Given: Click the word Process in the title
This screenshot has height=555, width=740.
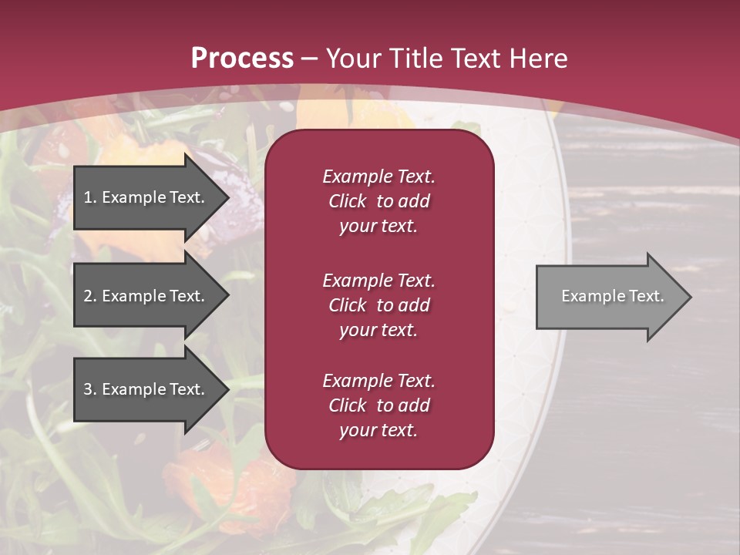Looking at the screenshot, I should click(242, 59).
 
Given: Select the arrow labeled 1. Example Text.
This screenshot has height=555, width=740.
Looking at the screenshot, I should click(146, 197).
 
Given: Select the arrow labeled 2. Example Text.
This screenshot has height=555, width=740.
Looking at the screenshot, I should click(146, 296).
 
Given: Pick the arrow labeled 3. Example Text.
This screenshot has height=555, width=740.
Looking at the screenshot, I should click(146, 389).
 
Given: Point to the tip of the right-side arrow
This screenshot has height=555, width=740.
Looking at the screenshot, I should click(690, 297).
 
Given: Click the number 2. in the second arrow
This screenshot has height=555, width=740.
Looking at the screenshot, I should click(90, 296).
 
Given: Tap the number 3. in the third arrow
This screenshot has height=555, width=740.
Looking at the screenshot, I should click(90, 389).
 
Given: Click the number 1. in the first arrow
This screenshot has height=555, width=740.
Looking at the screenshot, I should click(90, 197).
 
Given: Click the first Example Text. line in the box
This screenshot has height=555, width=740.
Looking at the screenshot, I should click(378, 177).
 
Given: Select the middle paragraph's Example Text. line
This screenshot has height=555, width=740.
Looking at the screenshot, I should click(378, 281).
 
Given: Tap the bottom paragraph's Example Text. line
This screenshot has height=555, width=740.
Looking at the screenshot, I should click(378, 381).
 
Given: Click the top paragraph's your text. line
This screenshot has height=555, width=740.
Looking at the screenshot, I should click(378, 227).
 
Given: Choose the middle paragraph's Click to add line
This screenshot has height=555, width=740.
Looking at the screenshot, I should click(378, 305).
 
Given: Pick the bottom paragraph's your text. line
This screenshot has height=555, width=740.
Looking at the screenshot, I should click(378, 431).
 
